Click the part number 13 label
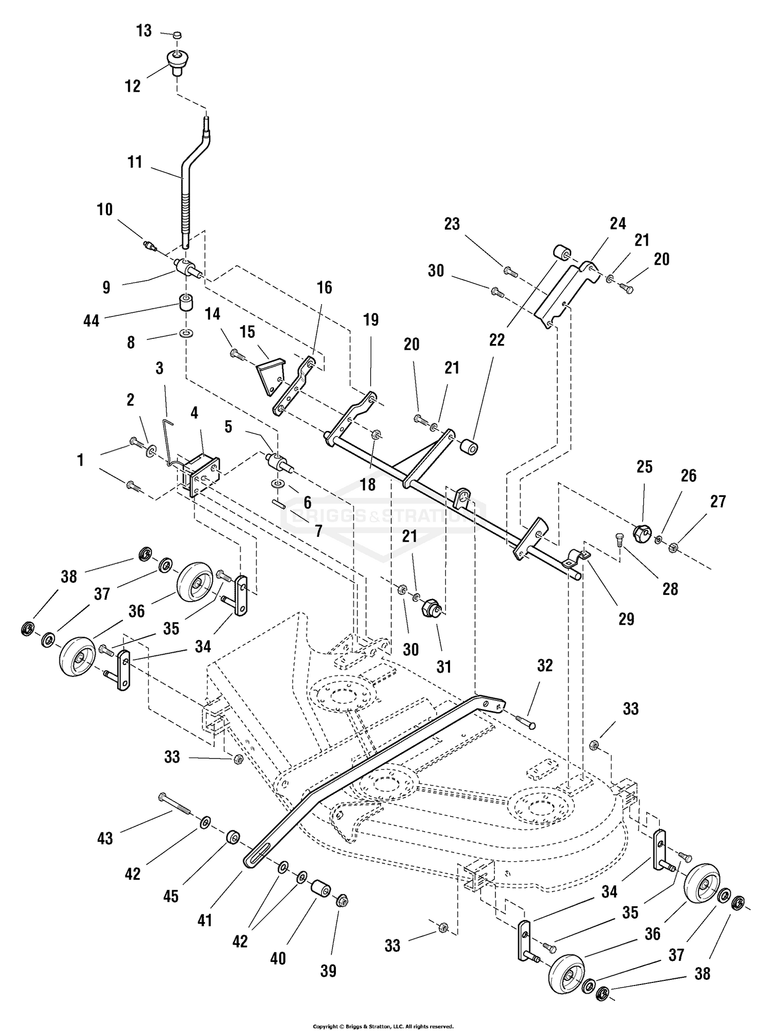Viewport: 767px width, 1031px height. [x=144, y=31]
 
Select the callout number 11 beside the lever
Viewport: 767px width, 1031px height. [x=135, y=162]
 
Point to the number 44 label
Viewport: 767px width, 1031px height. [x=92, y=320]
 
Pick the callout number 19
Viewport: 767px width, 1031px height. [x=371, y=320]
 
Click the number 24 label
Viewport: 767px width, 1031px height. [x=618, y=223]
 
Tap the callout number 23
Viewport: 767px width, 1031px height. [x=452, y=224]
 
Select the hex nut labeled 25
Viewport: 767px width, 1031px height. [x=641, y=534]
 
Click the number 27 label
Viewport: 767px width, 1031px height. [x=718, y=501]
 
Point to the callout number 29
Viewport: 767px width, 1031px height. [x=626, y=619]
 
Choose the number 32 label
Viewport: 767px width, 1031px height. [x=545, y=666]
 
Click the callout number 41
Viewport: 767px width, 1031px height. [x=205, y=920]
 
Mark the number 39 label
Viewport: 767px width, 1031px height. [x=328, y=971]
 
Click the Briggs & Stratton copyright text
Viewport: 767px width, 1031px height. [x=383, y=1026]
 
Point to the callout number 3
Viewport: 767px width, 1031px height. [x=160, y=368]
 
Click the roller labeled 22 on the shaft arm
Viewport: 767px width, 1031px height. [x=469, y=446]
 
